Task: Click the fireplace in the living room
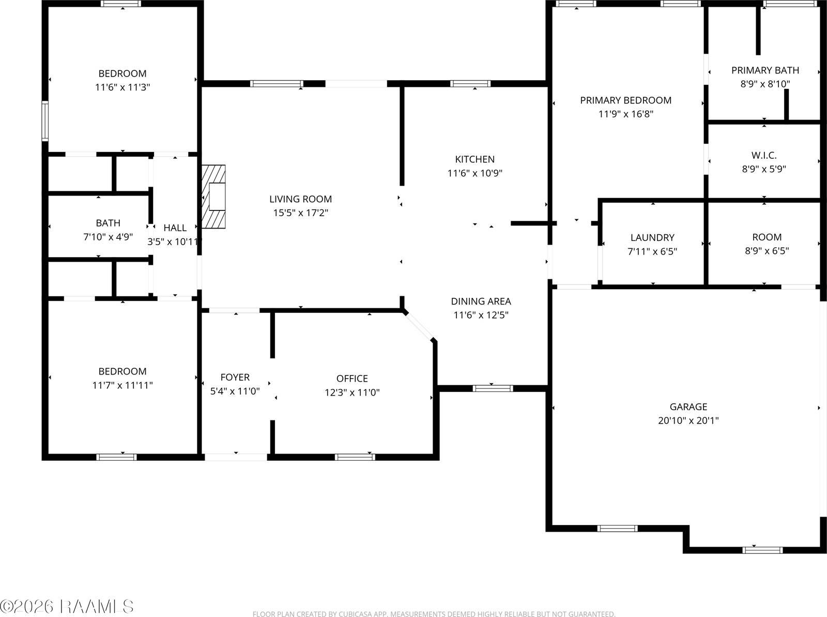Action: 213,197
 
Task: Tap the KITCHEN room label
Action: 474,159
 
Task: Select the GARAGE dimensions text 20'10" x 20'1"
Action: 688,420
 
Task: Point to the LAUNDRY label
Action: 653,237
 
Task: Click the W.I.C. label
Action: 764,155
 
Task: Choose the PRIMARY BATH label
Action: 765,70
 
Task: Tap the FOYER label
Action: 235,378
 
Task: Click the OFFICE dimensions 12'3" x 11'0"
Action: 353,393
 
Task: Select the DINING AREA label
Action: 481,302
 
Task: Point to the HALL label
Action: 175,228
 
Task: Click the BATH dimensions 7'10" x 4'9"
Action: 108,237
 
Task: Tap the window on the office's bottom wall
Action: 355,457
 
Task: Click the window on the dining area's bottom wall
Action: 493,388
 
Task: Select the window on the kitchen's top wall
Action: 470,84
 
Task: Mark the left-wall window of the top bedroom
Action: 45,121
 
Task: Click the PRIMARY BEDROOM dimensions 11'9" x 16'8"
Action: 626,114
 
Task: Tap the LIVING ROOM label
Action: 301,199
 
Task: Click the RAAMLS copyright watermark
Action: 67,607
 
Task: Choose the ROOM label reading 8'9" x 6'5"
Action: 767,244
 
